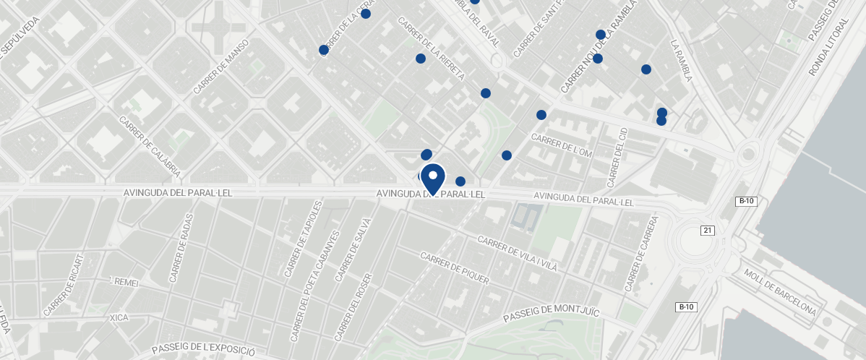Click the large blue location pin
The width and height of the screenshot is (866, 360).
coord(433,178)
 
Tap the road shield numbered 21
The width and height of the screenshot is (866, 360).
coord(708,231)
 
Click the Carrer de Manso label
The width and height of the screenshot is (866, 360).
coord(221,67)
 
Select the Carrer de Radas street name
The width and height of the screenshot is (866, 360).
coord(181,248)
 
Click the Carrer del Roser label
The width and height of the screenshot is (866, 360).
coord(353,307)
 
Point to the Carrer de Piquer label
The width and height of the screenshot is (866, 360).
coord(455,268)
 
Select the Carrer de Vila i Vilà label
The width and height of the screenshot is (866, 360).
coord(518,253)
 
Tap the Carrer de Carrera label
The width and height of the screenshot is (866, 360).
coord(643,253)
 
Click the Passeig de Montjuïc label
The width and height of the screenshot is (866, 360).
coord(552,313)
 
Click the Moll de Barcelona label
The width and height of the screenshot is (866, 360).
coord(780,292)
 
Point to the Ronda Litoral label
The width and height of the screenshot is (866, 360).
coord(822,50)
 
